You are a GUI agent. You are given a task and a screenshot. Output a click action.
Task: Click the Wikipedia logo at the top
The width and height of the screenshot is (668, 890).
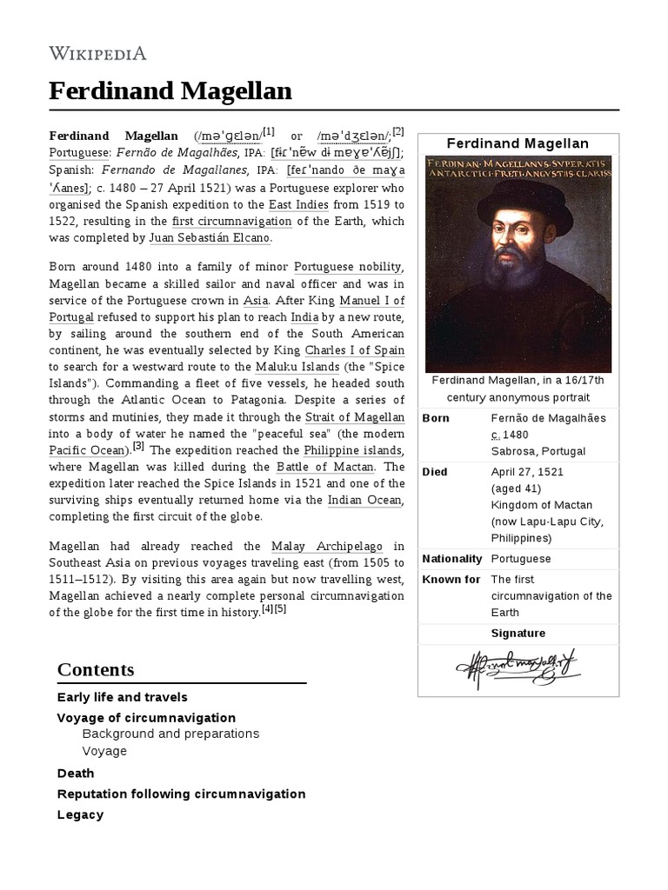click(97, 53)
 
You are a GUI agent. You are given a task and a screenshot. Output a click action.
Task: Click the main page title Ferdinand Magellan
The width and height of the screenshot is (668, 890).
click(170, 90)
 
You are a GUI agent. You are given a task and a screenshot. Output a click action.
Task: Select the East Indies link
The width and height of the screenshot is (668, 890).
click(275, 205)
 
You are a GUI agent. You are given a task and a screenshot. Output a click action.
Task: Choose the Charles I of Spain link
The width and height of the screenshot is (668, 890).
click(354, 350)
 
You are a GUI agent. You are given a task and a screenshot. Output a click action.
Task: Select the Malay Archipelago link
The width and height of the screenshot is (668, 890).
click(325, 546)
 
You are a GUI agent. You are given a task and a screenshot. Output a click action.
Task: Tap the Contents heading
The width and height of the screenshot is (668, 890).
click(96, 669)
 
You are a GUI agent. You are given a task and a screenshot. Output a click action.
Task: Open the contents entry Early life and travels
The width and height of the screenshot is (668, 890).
click(123, 697)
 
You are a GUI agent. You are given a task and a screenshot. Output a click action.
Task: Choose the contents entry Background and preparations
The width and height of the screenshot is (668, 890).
click(170, 734)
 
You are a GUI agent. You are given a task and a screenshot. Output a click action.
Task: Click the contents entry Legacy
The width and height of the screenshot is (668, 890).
click(80, 814)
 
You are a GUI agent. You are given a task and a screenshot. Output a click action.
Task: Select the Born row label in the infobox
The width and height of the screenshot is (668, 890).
click(435, 418)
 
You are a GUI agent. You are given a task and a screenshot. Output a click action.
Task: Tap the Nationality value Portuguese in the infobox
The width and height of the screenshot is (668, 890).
click(520, 559)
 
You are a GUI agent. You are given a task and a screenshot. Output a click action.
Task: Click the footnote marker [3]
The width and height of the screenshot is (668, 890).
click(138, 448)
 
